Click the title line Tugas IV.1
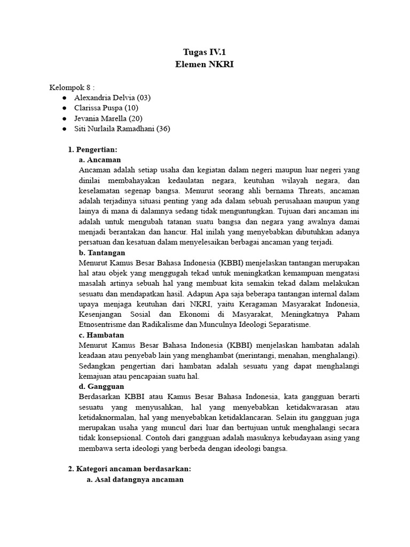pos(204,52)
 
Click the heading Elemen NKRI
pos(204,64)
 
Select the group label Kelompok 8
pos(72,87)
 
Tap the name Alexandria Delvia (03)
pos(113,98)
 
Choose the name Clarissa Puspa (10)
pos(106,108)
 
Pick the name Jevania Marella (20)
pos(108,118)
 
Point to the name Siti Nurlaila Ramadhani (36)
pos(122,129)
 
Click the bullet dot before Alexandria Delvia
pos(64,98)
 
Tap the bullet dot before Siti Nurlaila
pos(64,129)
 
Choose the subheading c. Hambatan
pos(101,335)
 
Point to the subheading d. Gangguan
pos(101,386)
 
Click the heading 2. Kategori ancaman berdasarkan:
pos(129,468)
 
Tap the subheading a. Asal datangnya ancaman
pos(135,479)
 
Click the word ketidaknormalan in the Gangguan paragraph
pos(107,417)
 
